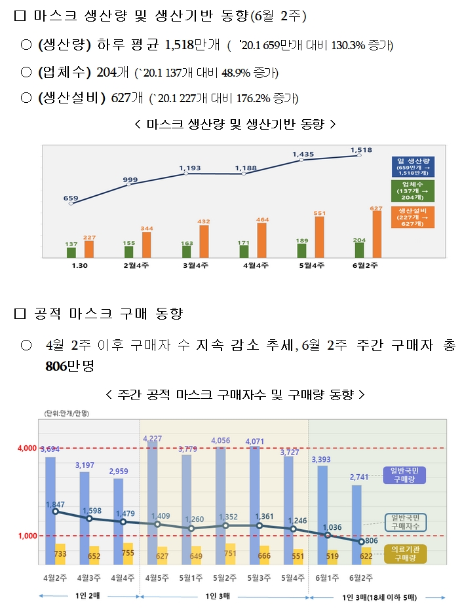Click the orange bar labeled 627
(376, 234)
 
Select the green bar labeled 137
(71, 252)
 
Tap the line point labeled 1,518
(358, 157)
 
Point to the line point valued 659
(71, 204)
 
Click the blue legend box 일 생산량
(415, 166)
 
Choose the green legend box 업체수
(415, 191)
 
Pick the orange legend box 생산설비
(415, 217)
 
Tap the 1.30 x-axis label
(79, 265)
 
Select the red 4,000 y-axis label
(27, 449)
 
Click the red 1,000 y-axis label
(27, 536)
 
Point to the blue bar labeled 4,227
(152, 502)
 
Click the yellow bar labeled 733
(60, 554)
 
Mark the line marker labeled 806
(362, 542)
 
